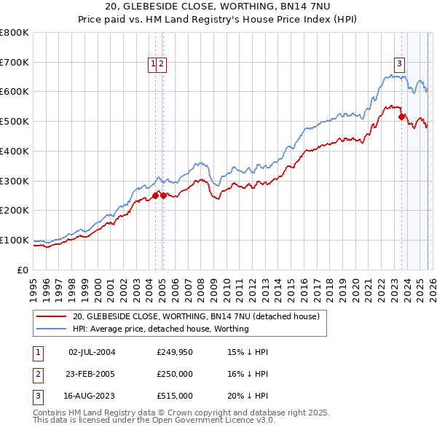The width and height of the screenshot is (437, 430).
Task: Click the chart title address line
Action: pos(219,7)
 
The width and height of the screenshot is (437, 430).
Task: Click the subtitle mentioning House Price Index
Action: pos(219,19)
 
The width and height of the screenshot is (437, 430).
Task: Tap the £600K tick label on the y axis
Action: pos(15,92)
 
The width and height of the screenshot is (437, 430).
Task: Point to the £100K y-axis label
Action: pos(15,240)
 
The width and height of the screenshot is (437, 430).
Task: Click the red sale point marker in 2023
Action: pos(401,116)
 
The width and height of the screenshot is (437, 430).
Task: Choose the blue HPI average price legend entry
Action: pos(160,329)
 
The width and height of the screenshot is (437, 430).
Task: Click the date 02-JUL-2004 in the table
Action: pos(92,352)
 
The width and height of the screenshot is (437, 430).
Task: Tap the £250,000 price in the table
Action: pos(174,374)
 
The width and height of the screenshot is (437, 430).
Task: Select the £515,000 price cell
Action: pos(174,396)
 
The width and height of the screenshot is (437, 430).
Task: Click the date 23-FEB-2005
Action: pos(92,374)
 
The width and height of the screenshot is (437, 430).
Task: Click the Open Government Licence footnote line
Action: pos(154,421)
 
